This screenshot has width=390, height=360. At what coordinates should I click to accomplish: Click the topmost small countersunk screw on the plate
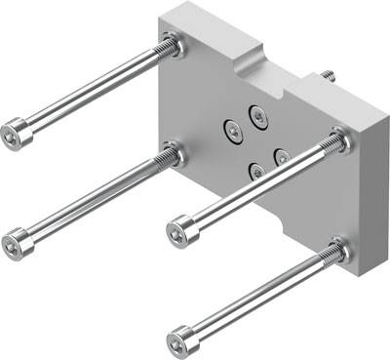click(x=257, y=115)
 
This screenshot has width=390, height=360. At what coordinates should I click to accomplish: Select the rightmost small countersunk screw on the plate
click(x=281, y=156)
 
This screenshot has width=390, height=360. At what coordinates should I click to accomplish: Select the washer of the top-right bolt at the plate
click(x=337, y=142)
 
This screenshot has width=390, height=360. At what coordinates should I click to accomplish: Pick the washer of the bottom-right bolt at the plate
click(x=338, y=252)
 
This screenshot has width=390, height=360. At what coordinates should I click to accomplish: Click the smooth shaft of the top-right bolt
click(x=258, y=188)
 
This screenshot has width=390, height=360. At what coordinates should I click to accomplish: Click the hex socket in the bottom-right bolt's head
click(x=176, y=341)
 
